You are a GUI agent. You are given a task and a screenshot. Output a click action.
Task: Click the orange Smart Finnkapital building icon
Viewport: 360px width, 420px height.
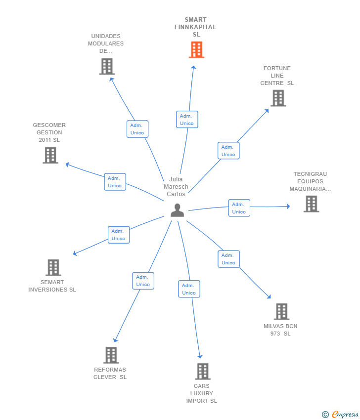[x=196, y=49]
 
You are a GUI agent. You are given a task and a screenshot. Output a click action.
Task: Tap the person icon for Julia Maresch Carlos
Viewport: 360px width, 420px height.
[x=177, y=210]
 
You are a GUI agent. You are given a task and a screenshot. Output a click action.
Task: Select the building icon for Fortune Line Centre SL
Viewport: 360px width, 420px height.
[x=278, y=98]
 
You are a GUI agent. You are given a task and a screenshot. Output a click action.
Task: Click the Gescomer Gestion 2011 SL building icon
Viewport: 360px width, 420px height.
[x=50, y=155]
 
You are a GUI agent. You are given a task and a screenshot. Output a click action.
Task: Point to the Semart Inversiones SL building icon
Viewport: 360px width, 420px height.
[x=53, y=267]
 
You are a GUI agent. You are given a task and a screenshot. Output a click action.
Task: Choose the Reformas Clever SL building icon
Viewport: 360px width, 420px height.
[x=111, y=355]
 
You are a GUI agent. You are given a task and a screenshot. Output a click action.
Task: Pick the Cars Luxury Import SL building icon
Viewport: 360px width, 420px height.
[x=203, y=371]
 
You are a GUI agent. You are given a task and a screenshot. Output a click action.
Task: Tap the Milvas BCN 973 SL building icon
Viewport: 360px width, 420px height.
[x=281, y=311]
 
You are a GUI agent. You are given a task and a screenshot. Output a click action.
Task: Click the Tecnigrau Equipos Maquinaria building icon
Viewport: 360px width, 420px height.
[x=311, y=204]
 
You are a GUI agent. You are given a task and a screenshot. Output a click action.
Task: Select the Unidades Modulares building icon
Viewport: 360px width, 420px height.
[x=107, y=66]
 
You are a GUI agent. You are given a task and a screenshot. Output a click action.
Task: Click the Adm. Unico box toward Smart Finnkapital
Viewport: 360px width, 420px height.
[x=187, y=120]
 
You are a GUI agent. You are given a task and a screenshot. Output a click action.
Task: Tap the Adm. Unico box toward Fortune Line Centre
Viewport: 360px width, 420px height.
[x=228, y=151]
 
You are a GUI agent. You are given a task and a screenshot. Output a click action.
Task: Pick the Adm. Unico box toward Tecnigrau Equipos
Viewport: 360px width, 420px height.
[x=239, y=208]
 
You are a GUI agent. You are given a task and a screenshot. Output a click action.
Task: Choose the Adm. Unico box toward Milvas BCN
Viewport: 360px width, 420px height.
[x=228, y=259]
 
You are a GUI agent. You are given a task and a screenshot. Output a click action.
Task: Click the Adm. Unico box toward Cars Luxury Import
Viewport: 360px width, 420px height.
[x=189, y=289]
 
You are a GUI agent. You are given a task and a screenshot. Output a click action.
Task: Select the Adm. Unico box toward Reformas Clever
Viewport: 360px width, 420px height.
[x=143, y=281]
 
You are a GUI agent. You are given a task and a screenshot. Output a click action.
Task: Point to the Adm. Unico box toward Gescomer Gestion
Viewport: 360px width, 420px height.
[x=115, y=182]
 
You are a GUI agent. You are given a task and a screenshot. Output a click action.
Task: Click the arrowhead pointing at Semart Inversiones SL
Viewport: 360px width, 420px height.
[x=75, y=253]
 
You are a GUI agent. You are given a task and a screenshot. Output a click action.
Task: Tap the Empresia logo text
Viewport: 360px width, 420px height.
[x=345, y=414]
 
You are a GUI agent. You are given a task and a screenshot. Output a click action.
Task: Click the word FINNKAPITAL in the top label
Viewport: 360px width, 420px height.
[x=195, y=27]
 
